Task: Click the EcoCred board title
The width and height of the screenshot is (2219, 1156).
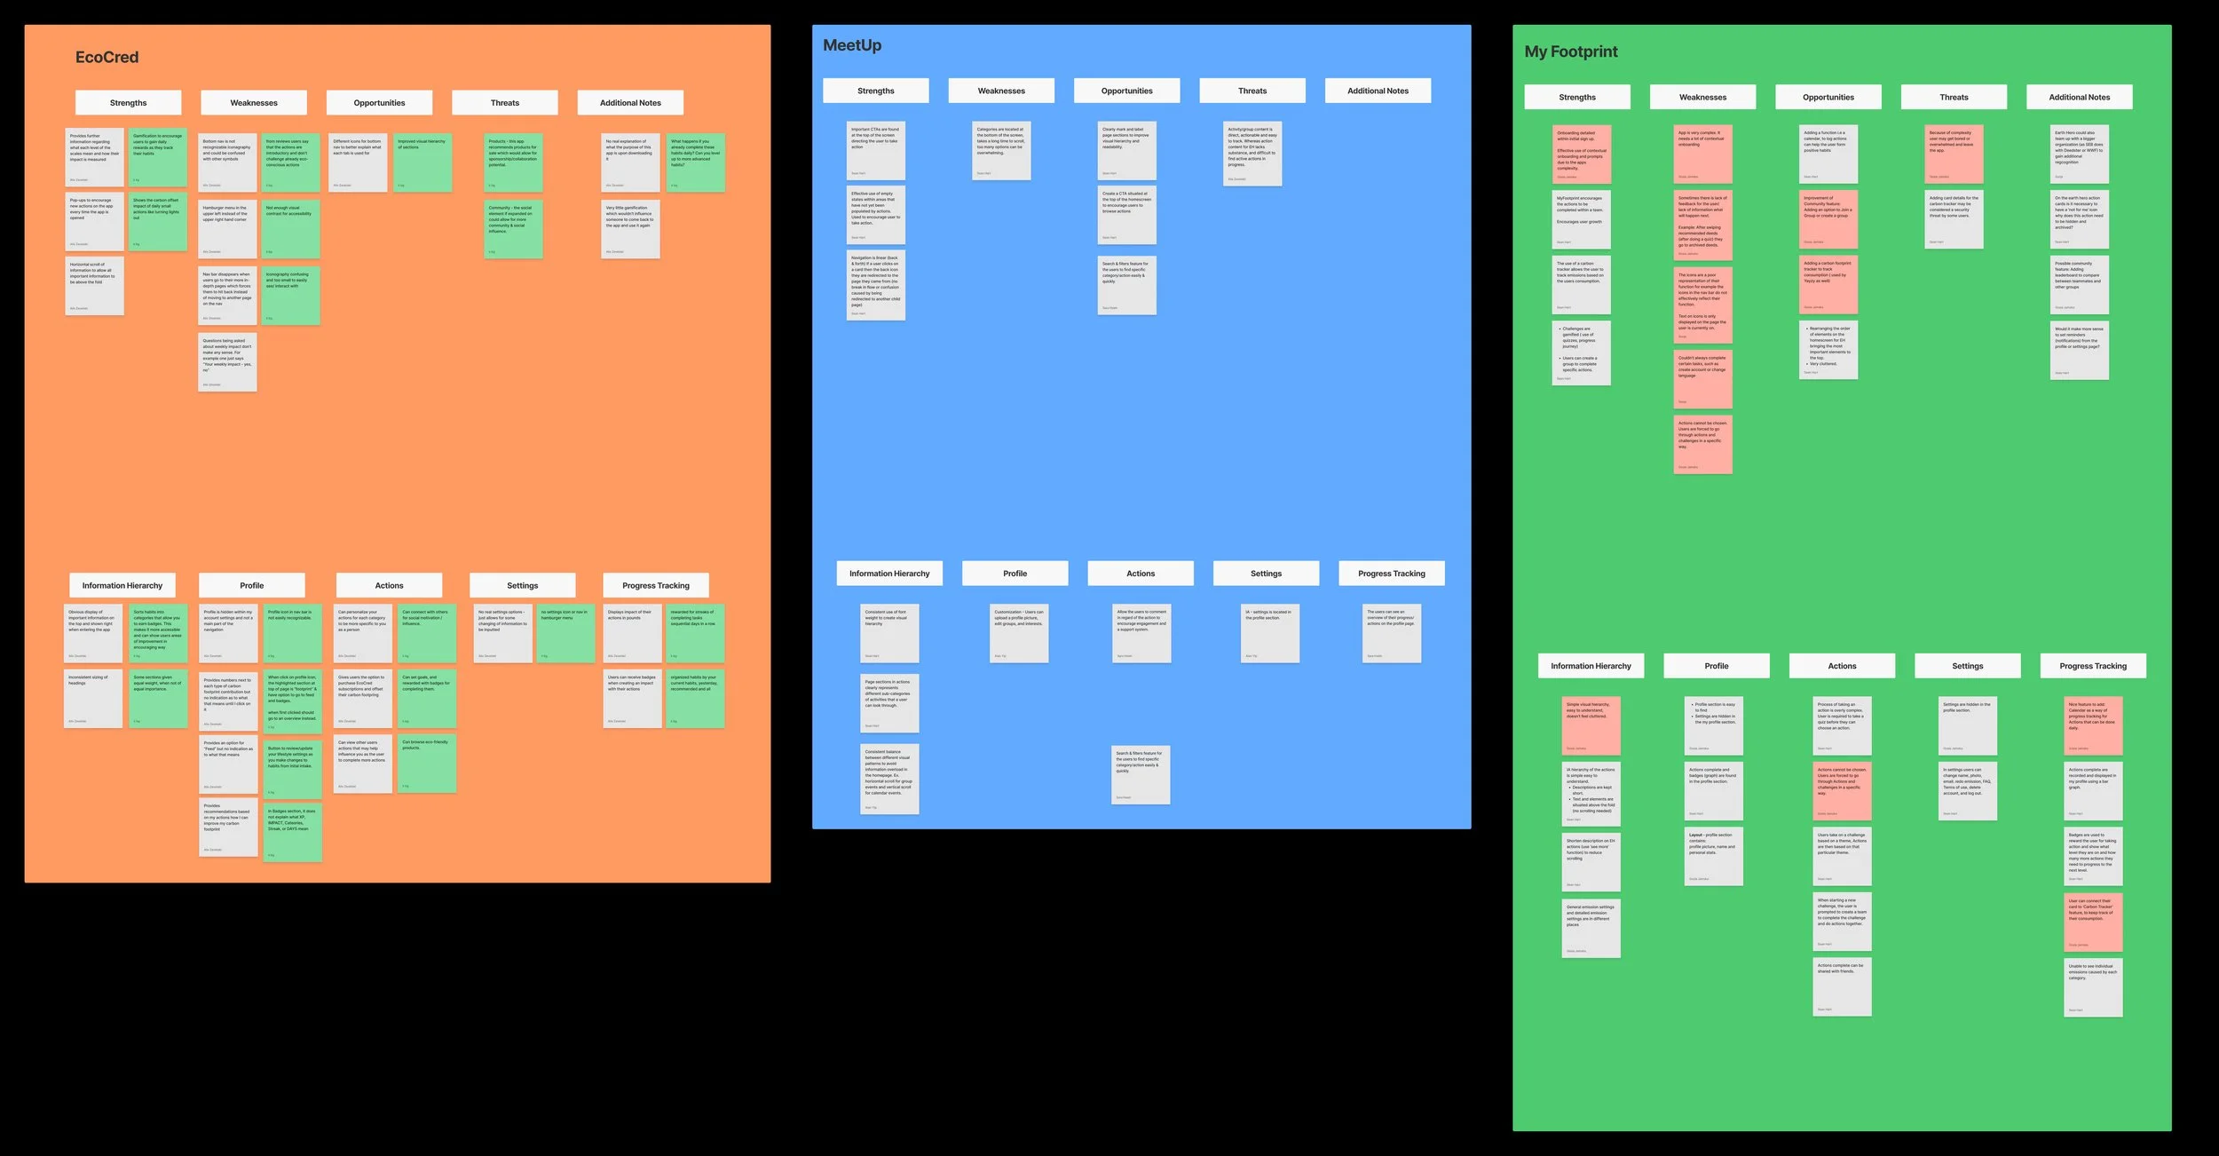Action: (107, 58)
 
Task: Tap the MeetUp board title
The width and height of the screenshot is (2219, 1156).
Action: (852, 45)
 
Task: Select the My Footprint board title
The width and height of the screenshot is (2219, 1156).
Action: (1571, 51)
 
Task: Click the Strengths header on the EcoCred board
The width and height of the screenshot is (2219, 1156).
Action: (128, 103)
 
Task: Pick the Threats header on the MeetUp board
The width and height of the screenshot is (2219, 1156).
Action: (1252, 91)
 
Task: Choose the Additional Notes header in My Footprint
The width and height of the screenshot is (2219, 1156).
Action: (2079, 97)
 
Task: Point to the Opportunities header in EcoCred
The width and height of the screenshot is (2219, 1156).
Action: (379, 103)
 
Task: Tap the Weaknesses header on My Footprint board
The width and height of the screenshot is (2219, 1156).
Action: (1702, 97)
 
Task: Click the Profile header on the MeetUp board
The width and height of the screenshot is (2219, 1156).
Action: (1015, 574)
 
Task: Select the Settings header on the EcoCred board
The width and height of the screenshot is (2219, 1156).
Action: (522, 586)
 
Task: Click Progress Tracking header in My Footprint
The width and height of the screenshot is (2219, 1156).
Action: (2092, 666)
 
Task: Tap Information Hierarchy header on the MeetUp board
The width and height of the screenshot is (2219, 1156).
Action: (889, 574)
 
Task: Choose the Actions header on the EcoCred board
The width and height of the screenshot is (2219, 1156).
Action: (389, 586)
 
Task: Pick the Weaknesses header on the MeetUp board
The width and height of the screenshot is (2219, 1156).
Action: (1001, 91)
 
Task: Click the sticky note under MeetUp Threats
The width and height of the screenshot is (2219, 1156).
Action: (1252, 154)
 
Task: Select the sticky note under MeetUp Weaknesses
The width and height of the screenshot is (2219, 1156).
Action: (1001, 151)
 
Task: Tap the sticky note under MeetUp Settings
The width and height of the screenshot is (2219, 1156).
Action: (1270, 633)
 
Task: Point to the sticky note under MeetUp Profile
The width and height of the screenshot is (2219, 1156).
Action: (1019, 633)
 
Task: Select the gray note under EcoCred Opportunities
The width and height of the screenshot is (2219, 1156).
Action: (358, 162)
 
